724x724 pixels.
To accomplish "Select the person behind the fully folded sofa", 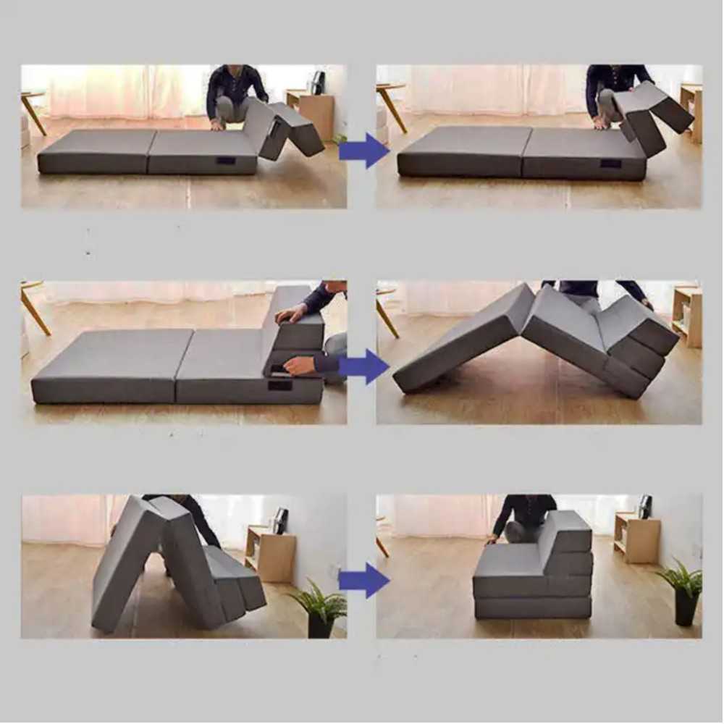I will coord(523,518).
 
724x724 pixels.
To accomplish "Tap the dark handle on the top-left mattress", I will coord(226,160).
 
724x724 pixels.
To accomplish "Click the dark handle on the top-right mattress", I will coord(610,163).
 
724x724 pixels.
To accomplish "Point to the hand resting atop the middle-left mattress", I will coord(292,313).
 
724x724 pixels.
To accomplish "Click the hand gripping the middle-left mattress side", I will coord(298,366).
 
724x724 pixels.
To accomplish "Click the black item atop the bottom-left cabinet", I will coord(279,520).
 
